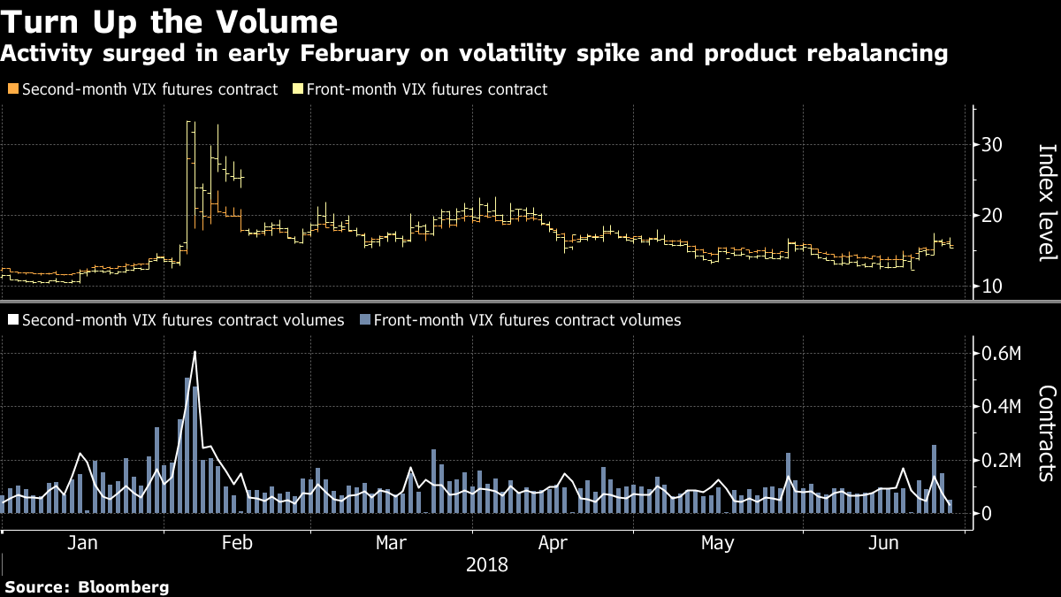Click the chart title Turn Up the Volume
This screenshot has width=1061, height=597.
pyautogui.click(x=169, y=20)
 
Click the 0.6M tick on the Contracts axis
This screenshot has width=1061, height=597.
pyautogui.click(x=1002, y=355)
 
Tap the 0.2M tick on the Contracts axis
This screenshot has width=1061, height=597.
pyautogui.click(x=1002, y=461)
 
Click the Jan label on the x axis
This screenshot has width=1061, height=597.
pyautogui.click(x=82, y=541)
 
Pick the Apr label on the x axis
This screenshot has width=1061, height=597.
pyautogui.click(x=553, y=541)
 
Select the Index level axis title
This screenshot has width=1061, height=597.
pyautogui.click(x=1046, y=203)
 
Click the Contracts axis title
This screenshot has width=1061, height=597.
pyautogui.click(x=1046, y=432)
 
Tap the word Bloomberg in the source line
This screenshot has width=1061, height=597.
pyautogui.click(x=123, y=587)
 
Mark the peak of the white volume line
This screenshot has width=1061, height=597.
pyautogui.click(x=195, y=352)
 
